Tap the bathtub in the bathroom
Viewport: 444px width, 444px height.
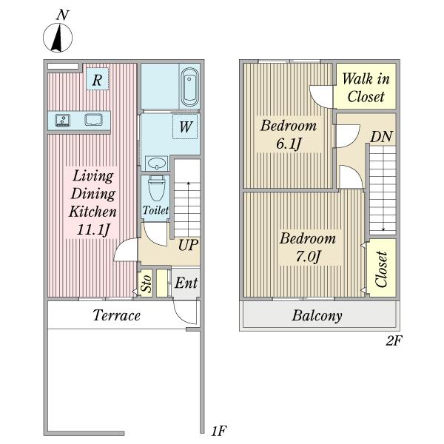[189, 87]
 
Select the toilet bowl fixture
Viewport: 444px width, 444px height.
[156, 188]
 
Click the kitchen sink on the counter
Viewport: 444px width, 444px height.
[63, 120]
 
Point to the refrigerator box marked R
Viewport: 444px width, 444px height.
[97, 79]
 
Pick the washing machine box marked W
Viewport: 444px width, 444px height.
[185, 127]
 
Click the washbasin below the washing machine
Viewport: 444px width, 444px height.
[156, 164]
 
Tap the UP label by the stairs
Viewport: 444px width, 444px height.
[188, 245]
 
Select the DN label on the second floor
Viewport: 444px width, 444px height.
[381, 137]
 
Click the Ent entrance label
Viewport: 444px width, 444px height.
[186, 283]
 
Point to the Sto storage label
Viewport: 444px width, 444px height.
[146, 283]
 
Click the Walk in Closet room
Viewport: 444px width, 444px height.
[366, 87]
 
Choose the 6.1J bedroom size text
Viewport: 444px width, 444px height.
[289, 144]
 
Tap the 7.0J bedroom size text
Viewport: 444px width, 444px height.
[308, 257]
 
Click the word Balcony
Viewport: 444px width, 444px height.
[317, 315]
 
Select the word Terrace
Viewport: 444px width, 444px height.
[117, 315]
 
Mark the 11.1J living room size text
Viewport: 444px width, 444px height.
[93, 229]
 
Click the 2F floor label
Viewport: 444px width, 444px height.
[394, 340]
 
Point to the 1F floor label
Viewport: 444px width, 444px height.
[219, 431]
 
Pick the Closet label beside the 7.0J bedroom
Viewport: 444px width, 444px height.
[381, 269]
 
